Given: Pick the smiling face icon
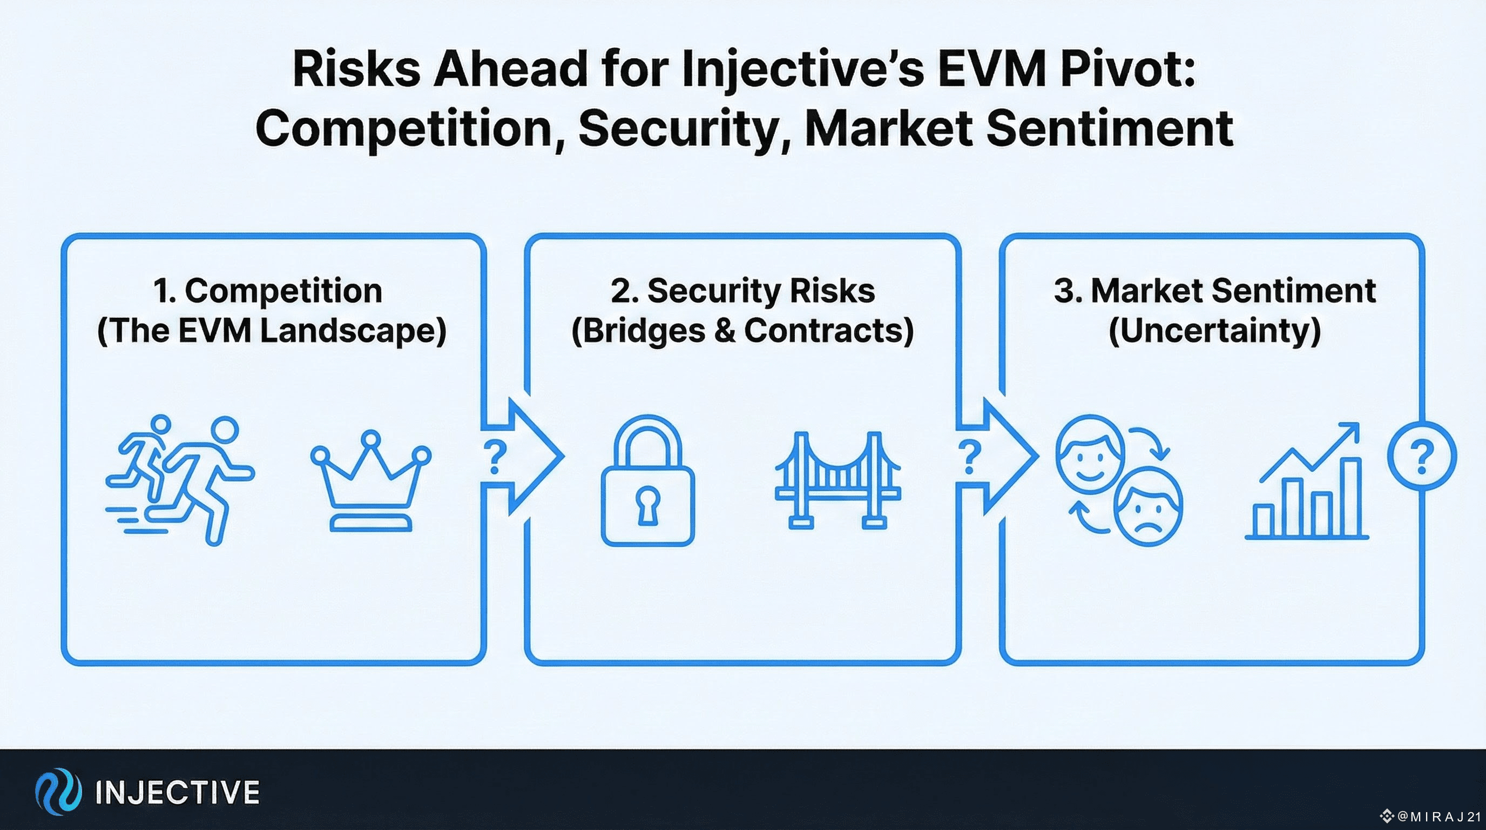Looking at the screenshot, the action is coord(1089,454).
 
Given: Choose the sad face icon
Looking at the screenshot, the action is coord(1148,507).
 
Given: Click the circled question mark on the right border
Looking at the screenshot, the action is coord(1421,456).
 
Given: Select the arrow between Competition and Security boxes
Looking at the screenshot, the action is coord(522,456).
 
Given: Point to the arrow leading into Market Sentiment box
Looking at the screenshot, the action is coord(997,456).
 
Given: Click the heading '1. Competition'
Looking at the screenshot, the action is coord(268,290).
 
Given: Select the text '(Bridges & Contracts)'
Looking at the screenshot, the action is coord(742,330).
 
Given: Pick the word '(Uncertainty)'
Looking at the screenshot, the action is coord(1215,330).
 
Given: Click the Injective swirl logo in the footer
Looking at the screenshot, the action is coord(58,791).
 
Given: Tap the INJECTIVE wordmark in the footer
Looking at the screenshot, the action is coord(178,792).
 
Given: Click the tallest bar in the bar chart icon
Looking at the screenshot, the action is coord(1351,497).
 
